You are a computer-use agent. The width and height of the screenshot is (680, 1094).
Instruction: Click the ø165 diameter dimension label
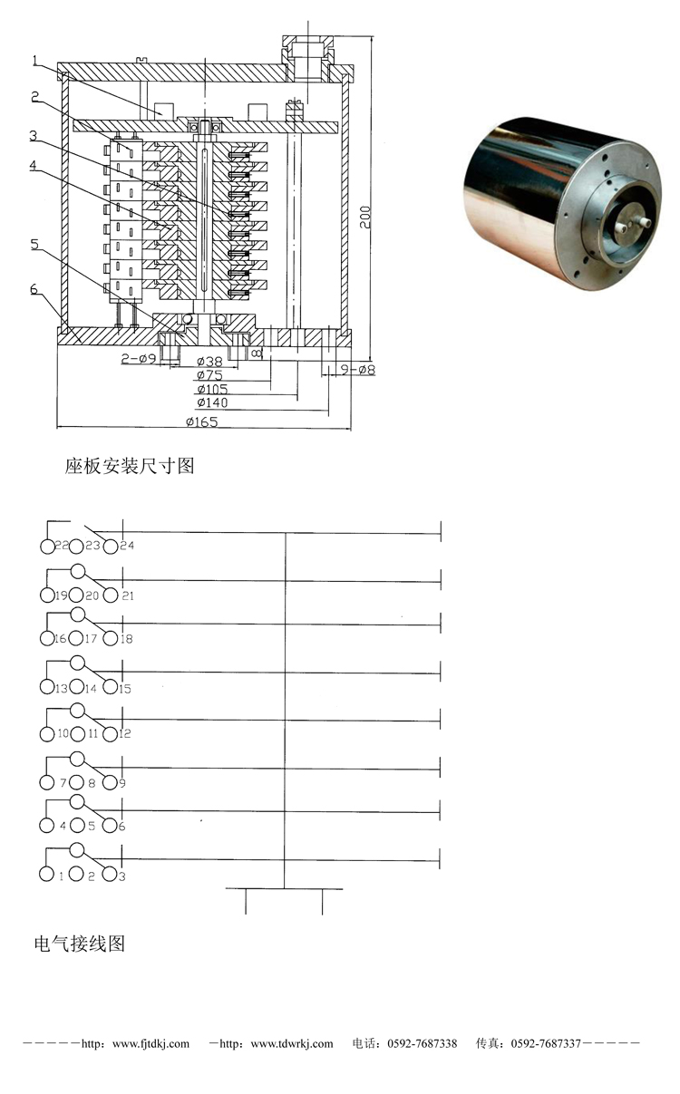[201, 421]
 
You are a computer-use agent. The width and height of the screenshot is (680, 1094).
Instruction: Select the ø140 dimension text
[212, 402]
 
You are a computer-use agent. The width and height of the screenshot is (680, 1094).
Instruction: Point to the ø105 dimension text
[212, 389]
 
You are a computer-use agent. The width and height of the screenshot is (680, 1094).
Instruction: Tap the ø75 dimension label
[209, 375]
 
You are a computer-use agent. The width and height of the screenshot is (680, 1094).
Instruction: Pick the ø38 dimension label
[209, 362]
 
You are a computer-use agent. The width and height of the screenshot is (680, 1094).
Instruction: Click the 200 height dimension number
[365, 217]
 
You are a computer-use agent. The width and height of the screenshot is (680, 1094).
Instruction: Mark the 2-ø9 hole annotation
[138, 359]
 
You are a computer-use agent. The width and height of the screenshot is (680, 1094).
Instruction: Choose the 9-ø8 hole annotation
[357, 370]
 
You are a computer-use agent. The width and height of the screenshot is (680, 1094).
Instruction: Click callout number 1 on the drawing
[34, 61]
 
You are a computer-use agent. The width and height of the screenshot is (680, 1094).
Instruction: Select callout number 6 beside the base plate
[34, 288]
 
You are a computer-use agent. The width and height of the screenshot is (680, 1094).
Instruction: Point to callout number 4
[33, 166]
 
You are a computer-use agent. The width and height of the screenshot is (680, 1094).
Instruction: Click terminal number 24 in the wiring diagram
[127, 546]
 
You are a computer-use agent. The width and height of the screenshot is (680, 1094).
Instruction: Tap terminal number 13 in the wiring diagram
[61, 689]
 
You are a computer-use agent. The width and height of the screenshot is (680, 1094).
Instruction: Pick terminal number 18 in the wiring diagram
[127, 639]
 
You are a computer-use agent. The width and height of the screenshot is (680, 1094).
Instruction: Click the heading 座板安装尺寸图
[130, 466]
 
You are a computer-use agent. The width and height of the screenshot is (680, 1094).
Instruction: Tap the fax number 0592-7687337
[546, 1043]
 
